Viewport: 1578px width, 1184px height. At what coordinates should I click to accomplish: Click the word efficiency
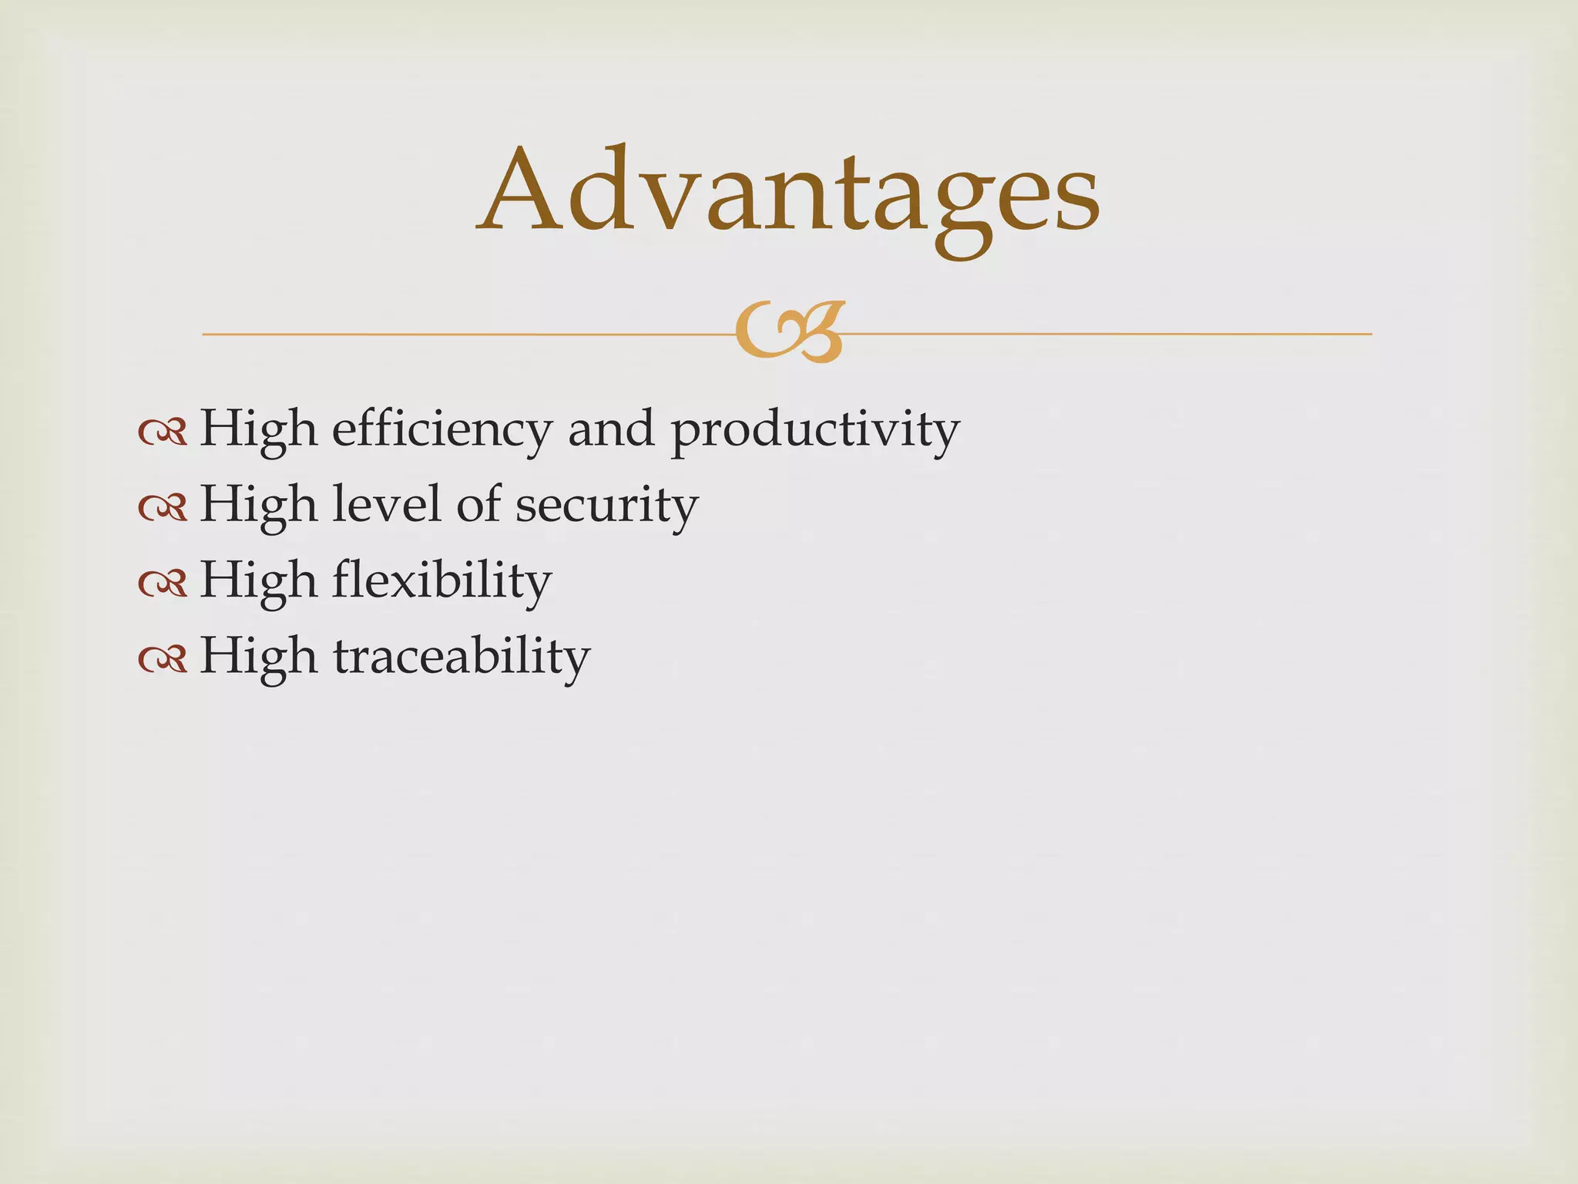pos(442,429)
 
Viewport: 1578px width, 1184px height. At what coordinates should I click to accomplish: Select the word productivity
pos(815,429)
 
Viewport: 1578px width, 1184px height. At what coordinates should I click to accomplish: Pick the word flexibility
pos(442,581)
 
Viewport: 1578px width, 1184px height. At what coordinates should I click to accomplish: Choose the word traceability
pos(462,657)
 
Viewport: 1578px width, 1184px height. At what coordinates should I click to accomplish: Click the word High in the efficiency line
pos(258,429)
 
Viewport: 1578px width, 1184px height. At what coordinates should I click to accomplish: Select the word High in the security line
pos(258,505)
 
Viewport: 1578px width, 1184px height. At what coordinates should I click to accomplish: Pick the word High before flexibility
pos(258,580)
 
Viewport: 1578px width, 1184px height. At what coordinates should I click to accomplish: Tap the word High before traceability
pos(258,656)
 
